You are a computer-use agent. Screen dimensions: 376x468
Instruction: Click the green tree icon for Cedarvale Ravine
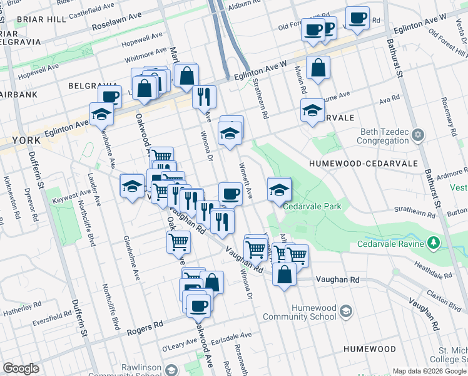[x=433, y=243]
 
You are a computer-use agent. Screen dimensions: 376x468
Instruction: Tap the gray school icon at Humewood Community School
[x=345, y=311]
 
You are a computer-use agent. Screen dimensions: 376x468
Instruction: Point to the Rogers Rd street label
[x=145, y=327]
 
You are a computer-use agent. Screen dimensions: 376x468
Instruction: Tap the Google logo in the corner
[x=21, y=368]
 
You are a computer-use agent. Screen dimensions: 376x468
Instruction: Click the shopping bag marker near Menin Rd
[x=318, y=68]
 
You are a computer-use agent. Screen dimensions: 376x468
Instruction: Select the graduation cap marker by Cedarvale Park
[x=279, y=189]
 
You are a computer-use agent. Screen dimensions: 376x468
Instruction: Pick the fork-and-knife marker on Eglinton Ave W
[x=204, y=96]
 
